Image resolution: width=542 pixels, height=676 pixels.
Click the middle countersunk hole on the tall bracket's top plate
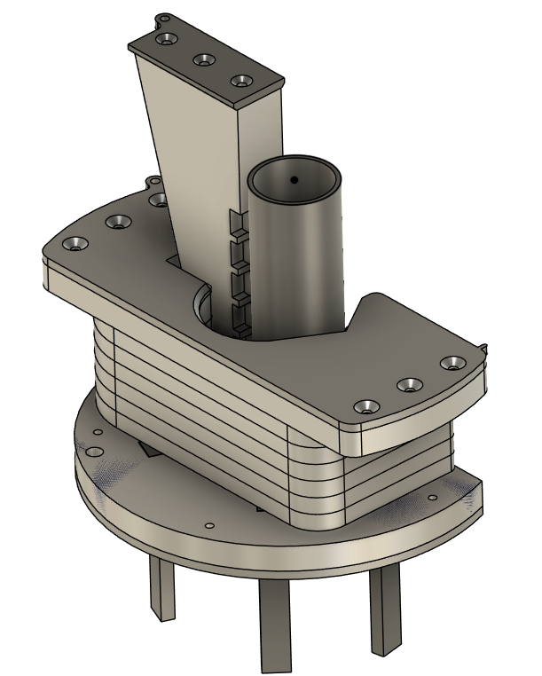204,60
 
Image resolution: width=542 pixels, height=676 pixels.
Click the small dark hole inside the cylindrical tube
293,180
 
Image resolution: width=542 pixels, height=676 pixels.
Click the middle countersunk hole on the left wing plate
116,221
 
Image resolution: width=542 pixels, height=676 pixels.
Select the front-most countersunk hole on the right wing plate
365,406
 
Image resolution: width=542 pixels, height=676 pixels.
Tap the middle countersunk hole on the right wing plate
411,385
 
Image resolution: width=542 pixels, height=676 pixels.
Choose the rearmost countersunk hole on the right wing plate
454,364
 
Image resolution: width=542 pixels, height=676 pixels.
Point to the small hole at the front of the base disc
208,525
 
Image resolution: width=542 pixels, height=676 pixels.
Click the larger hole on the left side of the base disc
96,434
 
